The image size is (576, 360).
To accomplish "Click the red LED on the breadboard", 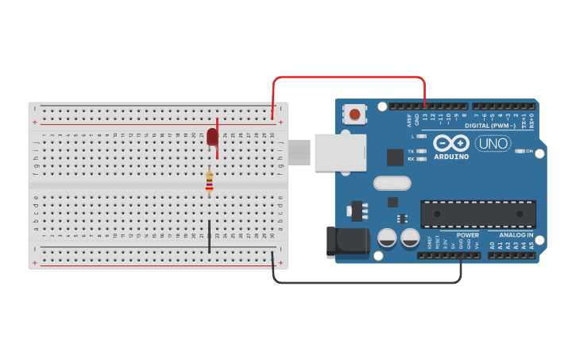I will (x=212, y=137).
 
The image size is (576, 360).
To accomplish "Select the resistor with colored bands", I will (x=209, y=182).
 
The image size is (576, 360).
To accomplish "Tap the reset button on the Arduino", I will (x=354, y=115).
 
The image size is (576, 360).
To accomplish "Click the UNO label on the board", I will (x=493, y=144).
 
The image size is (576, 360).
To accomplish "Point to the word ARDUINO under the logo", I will (x=451, y=157).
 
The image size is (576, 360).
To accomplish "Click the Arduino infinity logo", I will (x=451, y=143).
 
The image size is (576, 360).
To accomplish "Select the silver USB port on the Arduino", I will (x=340, y=153).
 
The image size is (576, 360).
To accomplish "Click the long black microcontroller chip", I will (x=478, y=214).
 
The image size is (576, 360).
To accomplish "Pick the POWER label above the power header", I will (x=468, y=235).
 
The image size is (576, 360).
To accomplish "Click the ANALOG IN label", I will (x=516, y=235).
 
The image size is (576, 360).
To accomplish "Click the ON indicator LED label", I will (x=529, y=151).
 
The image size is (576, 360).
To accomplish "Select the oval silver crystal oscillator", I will (x=392, y=184).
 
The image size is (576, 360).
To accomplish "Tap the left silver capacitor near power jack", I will (x=388, y=238).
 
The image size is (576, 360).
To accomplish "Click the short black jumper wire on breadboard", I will (x=209, y=237).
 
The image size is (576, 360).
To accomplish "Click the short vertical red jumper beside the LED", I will (x=218, y=138).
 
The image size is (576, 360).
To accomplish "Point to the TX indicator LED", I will (x=421, y=151).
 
